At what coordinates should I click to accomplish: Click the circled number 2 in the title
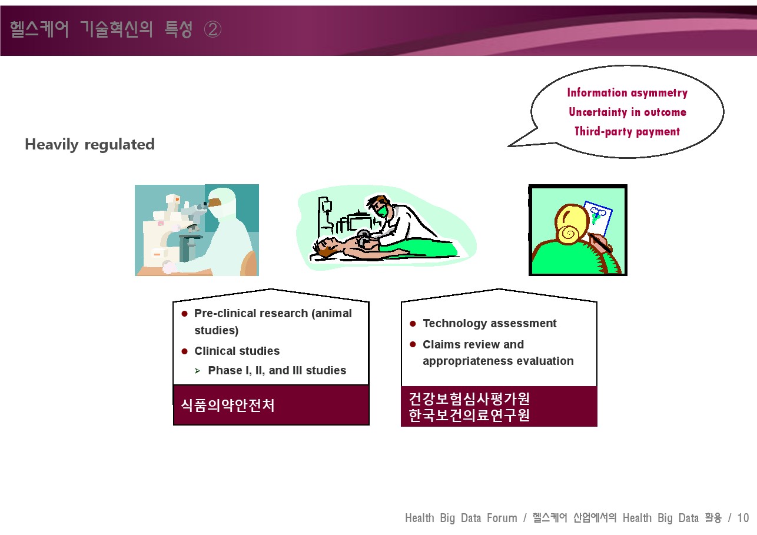tap(213, 29)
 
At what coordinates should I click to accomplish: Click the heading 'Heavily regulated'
tap(90, 145)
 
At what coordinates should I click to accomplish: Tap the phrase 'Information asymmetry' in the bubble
tap(627, 92)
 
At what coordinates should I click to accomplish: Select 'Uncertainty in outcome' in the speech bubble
tap(627, 112)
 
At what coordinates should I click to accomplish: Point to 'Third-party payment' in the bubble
tap(627, 131)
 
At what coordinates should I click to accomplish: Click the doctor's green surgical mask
tap(383, 211)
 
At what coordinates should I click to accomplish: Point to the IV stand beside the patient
tap(325, 217)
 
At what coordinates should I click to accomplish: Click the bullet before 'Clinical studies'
tap(184, 351)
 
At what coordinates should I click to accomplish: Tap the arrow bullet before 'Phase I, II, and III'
tap(198, 371)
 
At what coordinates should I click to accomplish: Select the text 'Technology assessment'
tap(489, 324)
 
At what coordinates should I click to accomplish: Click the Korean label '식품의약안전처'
tap(228, 405)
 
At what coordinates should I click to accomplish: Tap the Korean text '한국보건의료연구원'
tap(469, 416)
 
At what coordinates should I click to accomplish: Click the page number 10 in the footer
tap(743, 518)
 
